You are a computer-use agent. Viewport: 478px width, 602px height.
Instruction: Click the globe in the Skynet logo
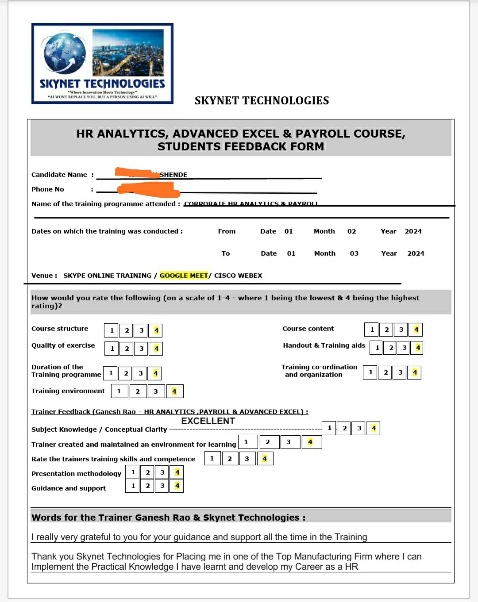(64, 53)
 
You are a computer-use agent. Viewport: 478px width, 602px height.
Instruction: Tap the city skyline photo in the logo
(128, 52)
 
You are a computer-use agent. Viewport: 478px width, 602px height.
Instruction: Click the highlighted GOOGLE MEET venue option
(184, 276)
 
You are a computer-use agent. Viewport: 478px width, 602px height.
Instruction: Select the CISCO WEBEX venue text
(238, 276)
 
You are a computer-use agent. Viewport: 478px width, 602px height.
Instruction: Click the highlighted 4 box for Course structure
(156, 330)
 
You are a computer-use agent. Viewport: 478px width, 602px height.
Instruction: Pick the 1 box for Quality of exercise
(112, 349)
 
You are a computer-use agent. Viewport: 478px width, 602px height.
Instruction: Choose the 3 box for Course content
(401, 330)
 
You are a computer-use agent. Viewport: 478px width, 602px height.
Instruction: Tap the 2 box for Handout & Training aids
(391, 348)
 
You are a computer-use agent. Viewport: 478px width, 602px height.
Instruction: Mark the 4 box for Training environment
(174, 391)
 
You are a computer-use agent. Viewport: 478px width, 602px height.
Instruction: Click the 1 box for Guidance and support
(133, 486)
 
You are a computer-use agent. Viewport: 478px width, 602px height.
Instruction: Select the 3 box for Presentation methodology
(162, 472)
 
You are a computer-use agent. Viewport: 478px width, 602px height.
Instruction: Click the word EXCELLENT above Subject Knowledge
(208, 421)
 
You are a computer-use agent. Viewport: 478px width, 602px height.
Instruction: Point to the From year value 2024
(413, 231)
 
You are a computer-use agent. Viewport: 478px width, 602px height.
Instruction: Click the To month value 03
(354, 253)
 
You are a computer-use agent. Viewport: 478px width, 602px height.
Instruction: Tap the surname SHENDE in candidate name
(173, 175)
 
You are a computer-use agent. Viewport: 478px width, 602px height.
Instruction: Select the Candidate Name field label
(59, 175)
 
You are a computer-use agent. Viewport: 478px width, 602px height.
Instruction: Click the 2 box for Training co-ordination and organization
(385, 372)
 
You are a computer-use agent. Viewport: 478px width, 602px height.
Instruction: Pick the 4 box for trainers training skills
(265, 459)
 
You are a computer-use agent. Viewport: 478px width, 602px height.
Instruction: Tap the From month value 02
(351, 231)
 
